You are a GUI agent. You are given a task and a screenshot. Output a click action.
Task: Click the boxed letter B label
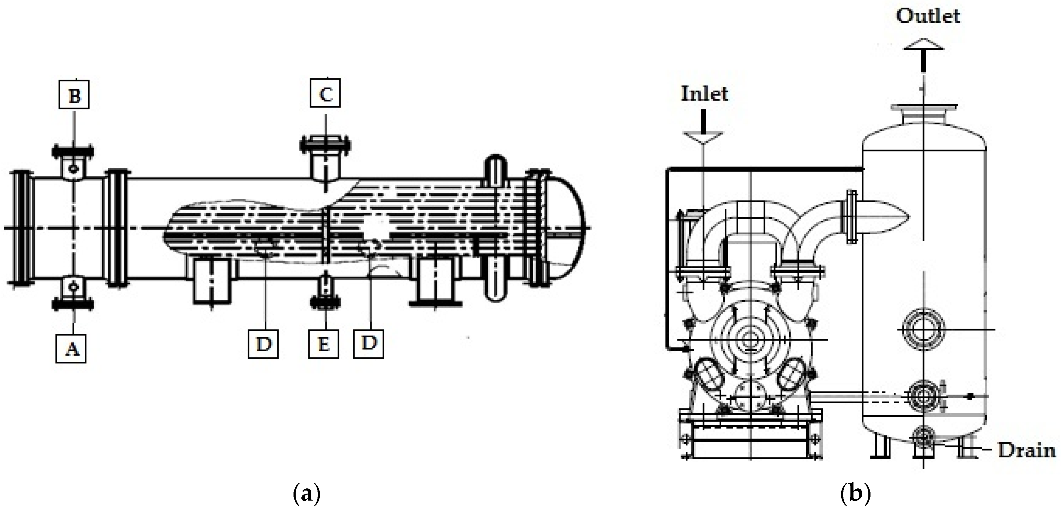click(x=74, y=95)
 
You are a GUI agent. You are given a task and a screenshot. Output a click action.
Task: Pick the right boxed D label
click(x=369, y=343)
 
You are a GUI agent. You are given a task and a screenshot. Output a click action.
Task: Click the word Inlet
click(x=704, y=94)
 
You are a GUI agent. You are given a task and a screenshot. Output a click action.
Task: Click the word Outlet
click(x=928, y=16)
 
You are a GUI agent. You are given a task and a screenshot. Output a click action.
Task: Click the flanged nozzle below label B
click(x=73, y=161)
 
